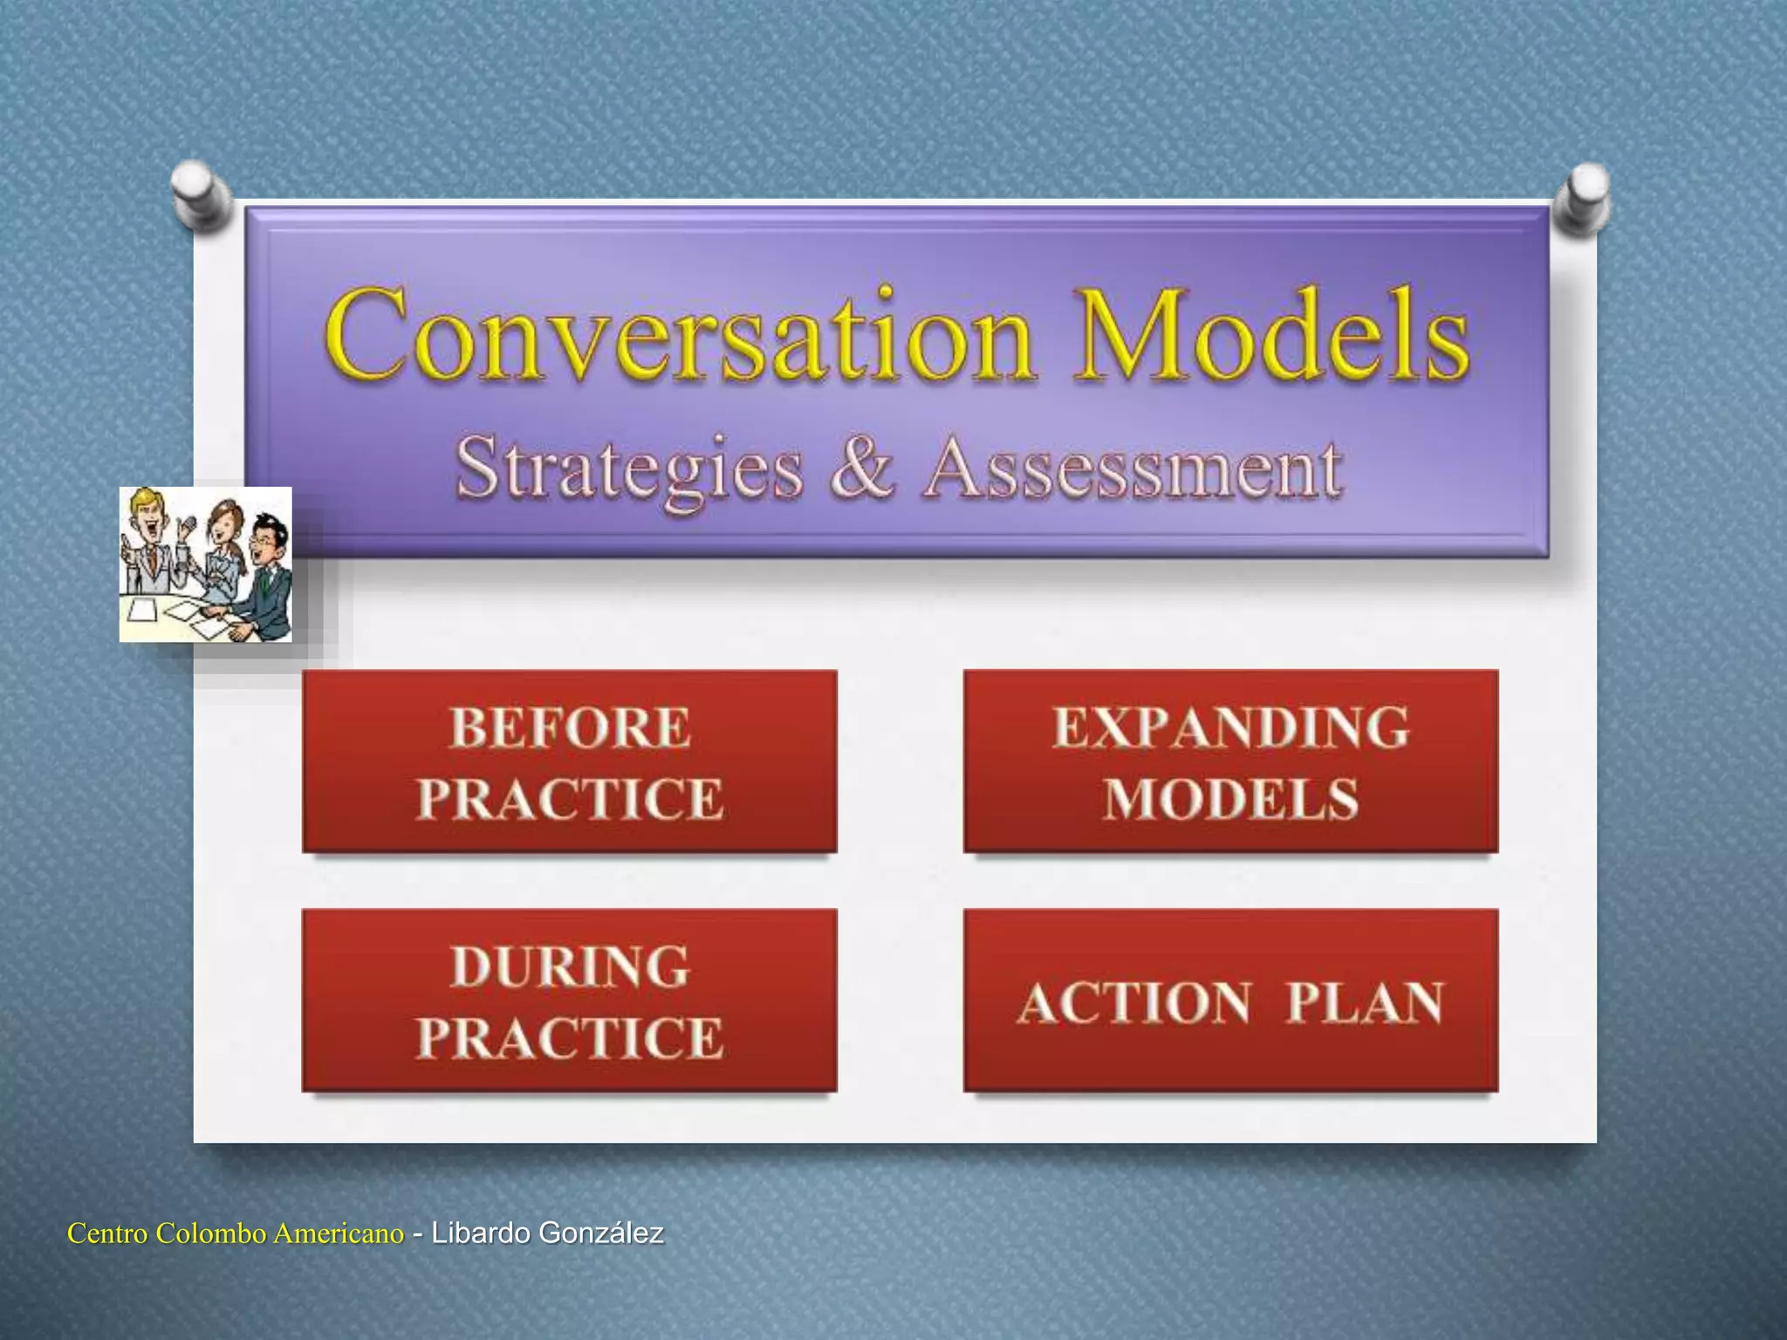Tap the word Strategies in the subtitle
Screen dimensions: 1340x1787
pos(629,471)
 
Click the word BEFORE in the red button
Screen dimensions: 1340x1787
pos(570,728)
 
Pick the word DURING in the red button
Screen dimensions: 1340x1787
pos(570,967)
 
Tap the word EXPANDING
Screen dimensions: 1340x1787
pos(1230,728)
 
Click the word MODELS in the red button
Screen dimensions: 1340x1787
pos(1230,798)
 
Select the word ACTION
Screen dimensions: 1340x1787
pos(1134,1002)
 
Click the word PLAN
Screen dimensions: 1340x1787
pos(1365,1002)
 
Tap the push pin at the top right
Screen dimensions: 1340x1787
pos(1586,196)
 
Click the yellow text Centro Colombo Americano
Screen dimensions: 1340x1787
pos(236,1234)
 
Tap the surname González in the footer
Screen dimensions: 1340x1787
pos(601,1234)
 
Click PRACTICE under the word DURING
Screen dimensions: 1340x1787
pos(570,1038)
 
